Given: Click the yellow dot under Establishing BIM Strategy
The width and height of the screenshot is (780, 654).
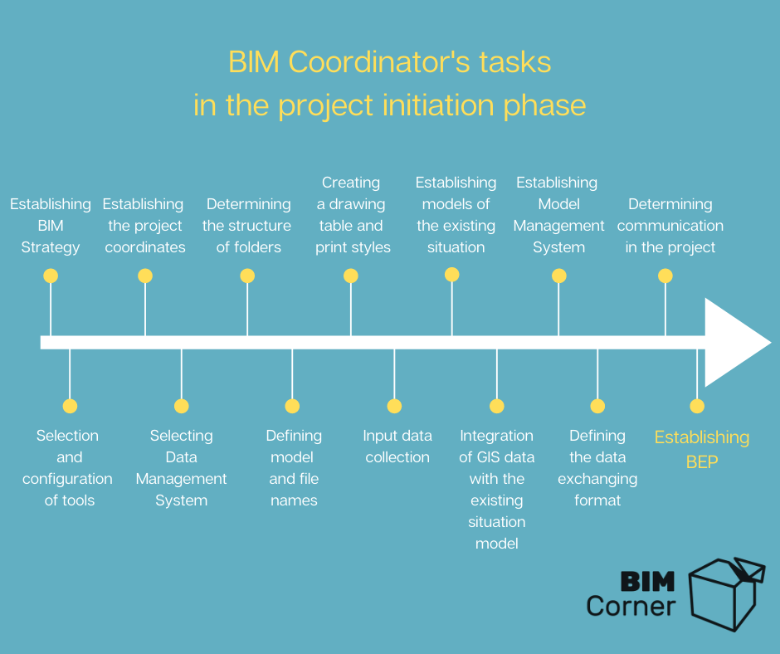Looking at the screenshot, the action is click(51, 276).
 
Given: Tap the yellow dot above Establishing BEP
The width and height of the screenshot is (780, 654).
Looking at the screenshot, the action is click(697, 406).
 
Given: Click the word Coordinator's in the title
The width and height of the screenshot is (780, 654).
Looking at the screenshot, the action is click(379, 62).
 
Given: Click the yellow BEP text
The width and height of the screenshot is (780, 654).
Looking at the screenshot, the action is click(702, 462).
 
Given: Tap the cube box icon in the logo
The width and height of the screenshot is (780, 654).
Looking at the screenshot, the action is click(727, 594).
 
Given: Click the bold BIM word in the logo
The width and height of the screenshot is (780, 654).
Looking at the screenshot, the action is click(648, 582).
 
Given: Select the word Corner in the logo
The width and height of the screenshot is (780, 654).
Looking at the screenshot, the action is click(631, 606).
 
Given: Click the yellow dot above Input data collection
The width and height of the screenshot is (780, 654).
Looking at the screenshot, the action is click(394, 406).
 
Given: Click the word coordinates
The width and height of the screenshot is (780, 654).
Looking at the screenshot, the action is click(145, 246).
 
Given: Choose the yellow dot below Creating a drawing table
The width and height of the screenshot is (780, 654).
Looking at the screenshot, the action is click(351, 276).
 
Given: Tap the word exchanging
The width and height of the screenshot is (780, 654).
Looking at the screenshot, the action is click(597, 479).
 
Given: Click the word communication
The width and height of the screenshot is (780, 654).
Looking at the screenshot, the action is click(670, 226).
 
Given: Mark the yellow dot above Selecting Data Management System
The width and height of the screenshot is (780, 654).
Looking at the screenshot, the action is click(182, 406).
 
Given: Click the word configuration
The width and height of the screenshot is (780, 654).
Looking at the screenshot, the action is click(67, 479).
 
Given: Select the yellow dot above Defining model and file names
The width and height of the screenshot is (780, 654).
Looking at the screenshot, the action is click(292, 406).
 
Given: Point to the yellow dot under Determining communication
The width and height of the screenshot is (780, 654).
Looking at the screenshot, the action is click(665, 276).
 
